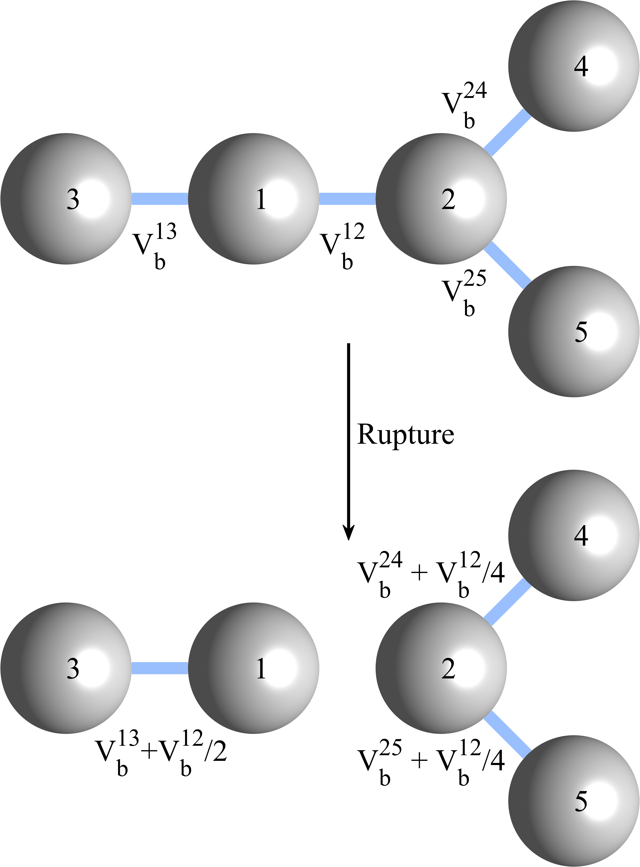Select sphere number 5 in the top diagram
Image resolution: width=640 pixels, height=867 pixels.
[x=574, y=332]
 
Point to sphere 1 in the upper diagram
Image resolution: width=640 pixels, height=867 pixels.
[x=254, y=199]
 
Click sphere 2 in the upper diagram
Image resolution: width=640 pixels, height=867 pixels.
[x=441, y=199]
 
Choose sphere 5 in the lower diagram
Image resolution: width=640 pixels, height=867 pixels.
[x=574, y=801]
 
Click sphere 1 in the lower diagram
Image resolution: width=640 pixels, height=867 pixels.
[x=254, y=668]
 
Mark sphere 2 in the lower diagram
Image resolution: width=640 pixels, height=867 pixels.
[x=441, y=668]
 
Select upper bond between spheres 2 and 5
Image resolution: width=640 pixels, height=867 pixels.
[x=508, y=266]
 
